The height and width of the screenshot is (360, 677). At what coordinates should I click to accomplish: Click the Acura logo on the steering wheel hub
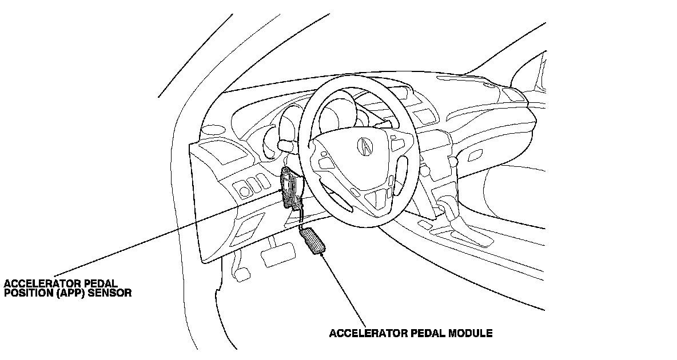pyautogui.click(x=364, y=146)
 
